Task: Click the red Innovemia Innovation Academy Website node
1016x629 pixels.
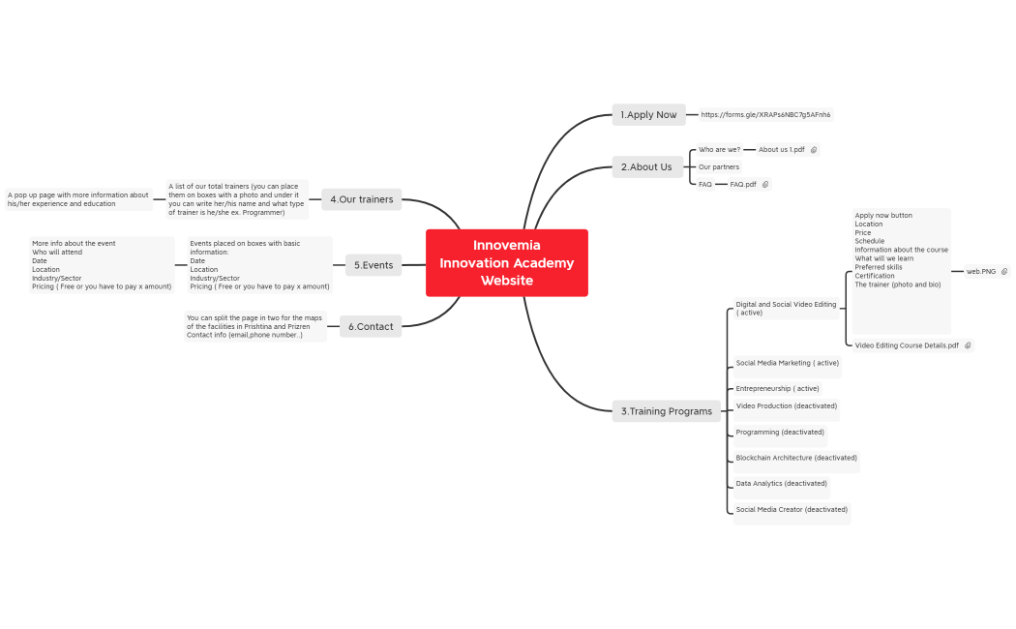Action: [506, 262]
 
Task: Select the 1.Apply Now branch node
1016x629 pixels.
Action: [648, 115]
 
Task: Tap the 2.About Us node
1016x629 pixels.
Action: [646, 167]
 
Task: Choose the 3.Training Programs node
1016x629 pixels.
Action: [666, 411]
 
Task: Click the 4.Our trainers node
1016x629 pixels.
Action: [361, 199]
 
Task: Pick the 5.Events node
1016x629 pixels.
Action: [373, 265]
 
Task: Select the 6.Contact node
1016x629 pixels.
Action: [371, 327]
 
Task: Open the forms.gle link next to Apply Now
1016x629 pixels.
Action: [765, 115]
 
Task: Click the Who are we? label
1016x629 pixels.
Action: [719, 150]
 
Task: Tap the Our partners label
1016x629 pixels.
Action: [719, 167]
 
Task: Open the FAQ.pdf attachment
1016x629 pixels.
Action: [743, 184]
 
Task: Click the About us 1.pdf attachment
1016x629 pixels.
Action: [782, 150]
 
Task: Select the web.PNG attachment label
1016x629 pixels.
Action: [981, 272]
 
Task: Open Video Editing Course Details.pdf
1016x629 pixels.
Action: [907, 345]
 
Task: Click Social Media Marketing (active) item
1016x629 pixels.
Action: [787, 364]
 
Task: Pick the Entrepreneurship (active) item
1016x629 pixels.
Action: [777, 389]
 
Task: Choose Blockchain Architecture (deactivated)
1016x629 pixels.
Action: [796, 458]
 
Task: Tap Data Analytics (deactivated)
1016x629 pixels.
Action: [781, 484]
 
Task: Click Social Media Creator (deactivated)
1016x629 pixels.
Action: [792, 509]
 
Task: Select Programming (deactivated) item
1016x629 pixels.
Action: [780, 433]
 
